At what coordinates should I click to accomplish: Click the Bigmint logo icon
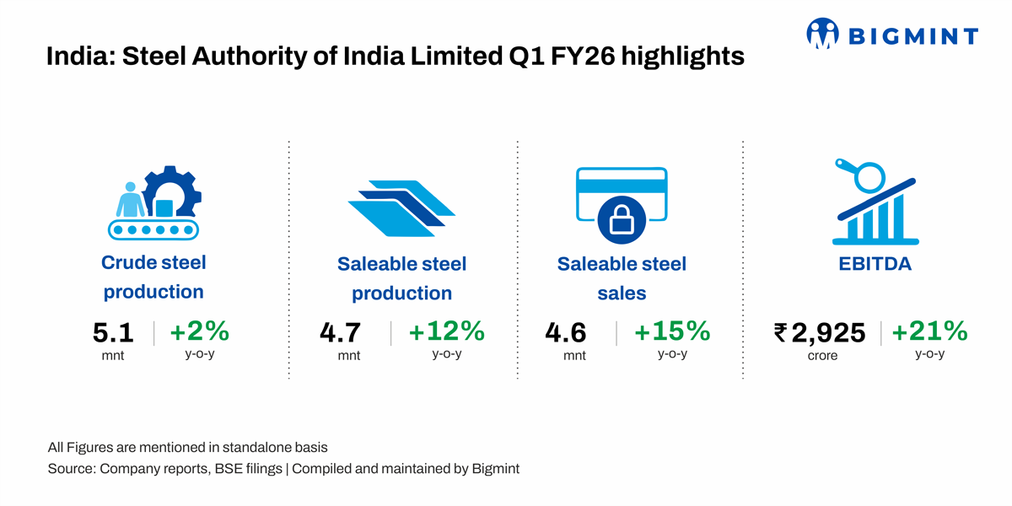823,33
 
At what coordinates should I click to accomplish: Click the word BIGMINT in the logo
912,36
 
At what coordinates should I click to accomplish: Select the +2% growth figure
199,331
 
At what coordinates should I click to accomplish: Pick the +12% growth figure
446,331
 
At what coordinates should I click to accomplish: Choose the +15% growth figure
672,331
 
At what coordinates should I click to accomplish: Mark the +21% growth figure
929,331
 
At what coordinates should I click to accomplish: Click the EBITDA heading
875,264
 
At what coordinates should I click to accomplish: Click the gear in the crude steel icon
173,192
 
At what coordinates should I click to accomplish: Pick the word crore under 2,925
822,356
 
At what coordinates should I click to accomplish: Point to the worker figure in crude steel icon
129,200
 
